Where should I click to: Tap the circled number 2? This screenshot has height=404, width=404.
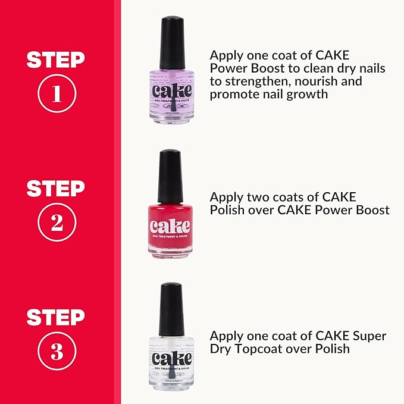point(57,223)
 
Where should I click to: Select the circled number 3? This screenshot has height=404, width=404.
point(57,352)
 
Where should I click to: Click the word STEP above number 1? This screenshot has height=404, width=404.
point(57,59)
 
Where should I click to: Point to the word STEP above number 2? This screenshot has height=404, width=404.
point(57,189)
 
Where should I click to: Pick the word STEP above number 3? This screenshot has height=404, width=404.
point(57,317)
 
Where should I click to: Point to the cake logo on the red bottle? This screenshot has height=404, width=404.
point(171,227)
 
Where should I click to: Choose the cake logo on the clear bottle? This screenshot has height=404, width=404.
point(172,359)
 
